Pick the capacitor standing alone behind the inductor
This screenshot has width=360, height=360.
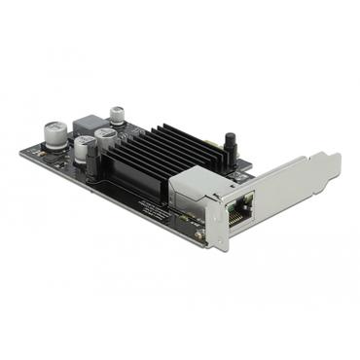coord(118,114)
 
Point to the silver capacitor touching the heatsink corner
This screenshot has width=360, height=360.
coord(105,142)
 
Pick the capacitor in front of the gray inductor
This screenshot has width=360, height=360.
coord(83,147)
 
